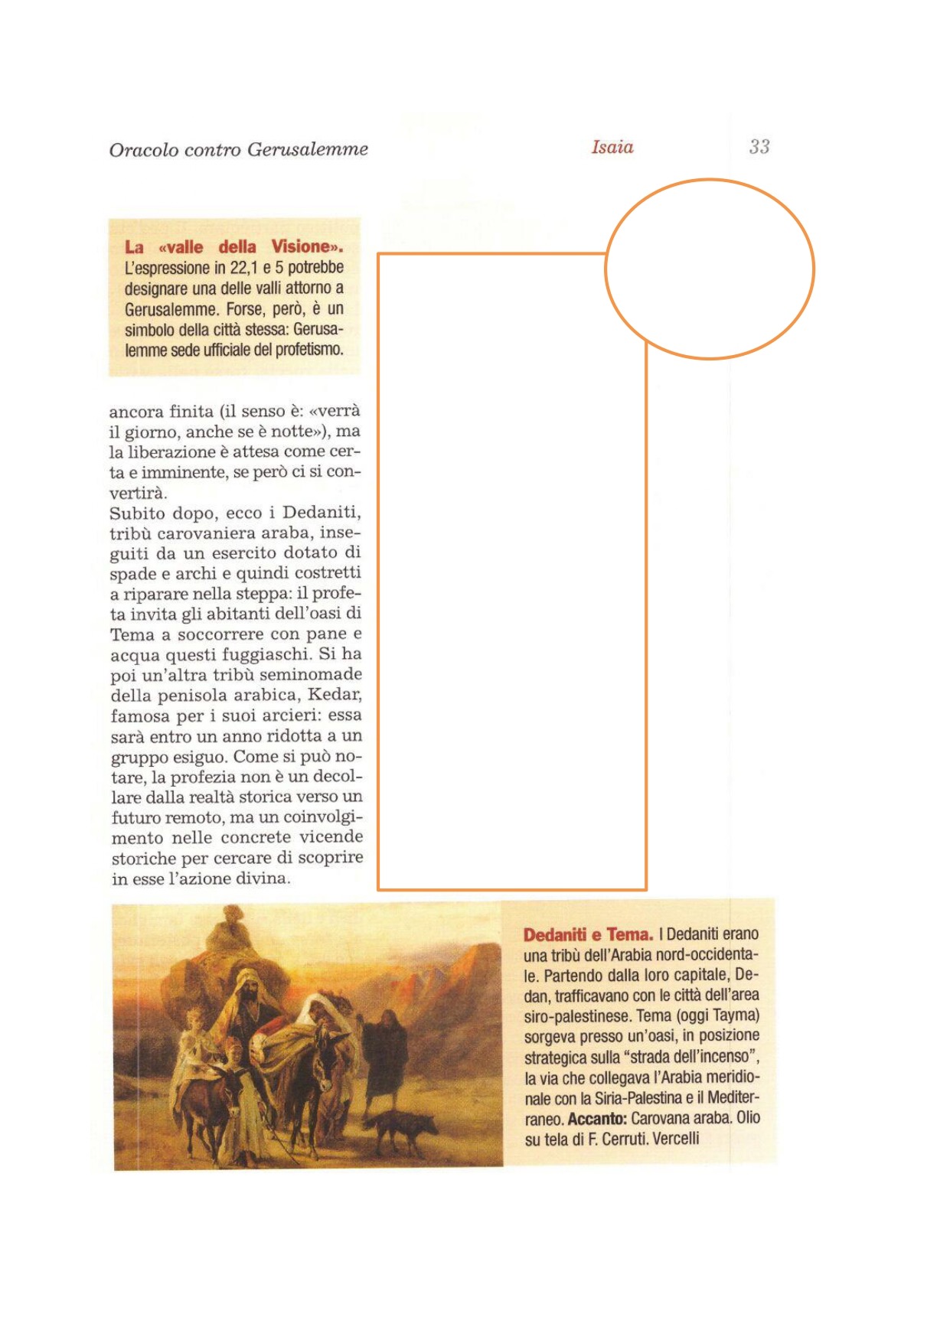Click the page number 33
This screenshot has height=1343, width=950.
click(x=759, y=147)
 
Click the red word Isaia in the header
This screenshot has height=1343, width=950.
click(x=612, y=147)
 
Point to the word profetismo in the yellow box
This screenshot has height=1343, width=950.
click(x=308, y=350)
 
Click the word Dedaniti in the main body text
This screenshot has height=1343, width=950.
click(x=322, y=513)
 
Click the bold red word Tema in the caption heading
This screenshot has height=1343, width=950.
click(x=628, y=934)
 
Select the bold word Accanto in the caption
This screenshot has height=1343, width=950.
click(x=596, y=1119)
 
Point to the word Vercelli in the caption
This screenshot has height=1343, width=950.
click(x=676, y=1139)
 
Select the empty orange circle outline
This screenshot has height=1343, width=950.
click(x=710, y=181)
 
